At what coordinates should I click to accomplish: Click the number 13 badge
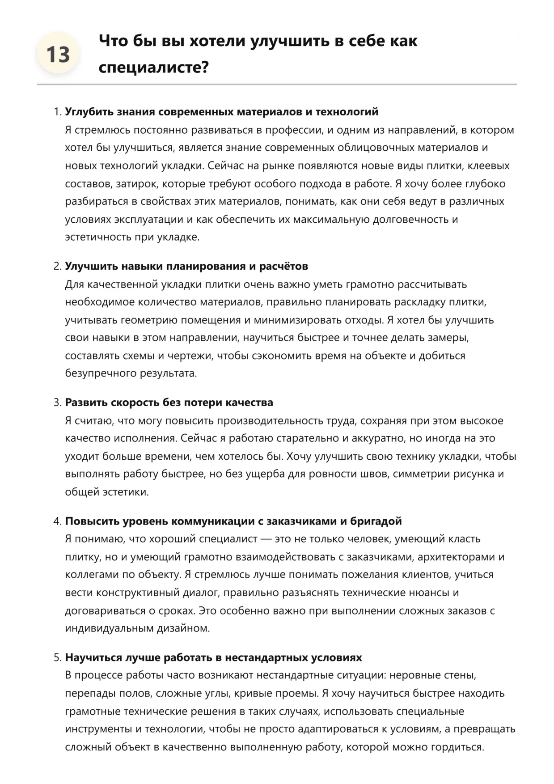point(58,55)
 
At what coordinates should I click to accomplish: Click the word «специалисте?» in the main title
point(153,68)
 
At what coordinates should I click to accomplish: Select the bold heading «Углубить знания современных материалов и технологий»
point(221,112)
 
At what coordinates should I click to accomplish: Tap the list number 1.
point(57,112)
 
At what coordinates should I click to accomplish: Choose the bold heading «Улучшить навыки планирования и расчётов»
point(186,267)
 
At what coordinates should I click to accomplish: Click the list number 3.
point(57,403)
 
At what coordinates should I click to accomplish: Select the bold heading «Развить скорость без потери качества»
point(169,403)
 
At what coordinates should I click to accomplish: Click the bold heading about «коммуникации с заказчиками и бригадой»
point(233,521)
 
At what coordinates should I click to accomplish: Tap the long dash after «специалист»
point(266,539)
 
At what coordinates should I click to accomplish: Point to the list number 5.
point(57,658)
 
